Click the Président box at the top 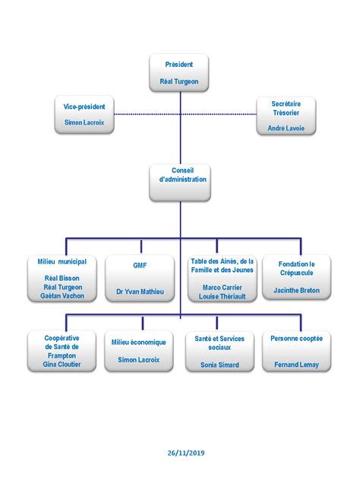[x=179, y=73]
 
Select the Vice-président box [x=84, y=115]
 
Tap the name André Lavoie [x=286, y=128]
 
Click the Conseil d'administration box [x=180, y=182]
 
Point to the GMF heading [x=140, y=265]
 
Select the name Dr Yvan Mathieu [x=140, y=292]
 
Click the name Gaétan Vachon [x=62, y=295]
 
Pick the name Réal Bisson [x=62, y=278]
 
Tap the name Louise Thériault [x=223, y=296]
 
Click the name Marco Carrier [x=223, y=287]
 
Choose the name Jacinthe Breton [x=297, y=290]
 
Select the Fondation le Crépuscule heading [x=297, y=268]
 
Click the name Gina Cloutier [x=62, y=365]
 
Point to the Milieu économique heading [x=139, y=343]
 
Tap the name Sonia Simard [x=219, y=365]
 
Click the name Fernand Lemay [x=296, y=365]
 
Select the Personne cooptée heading [x=297, y=338]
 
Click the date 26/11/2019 [x=186, y=453]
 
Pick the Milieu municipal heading [x=62, y=261]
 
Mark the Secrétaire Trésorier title [x=286, y=109]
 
